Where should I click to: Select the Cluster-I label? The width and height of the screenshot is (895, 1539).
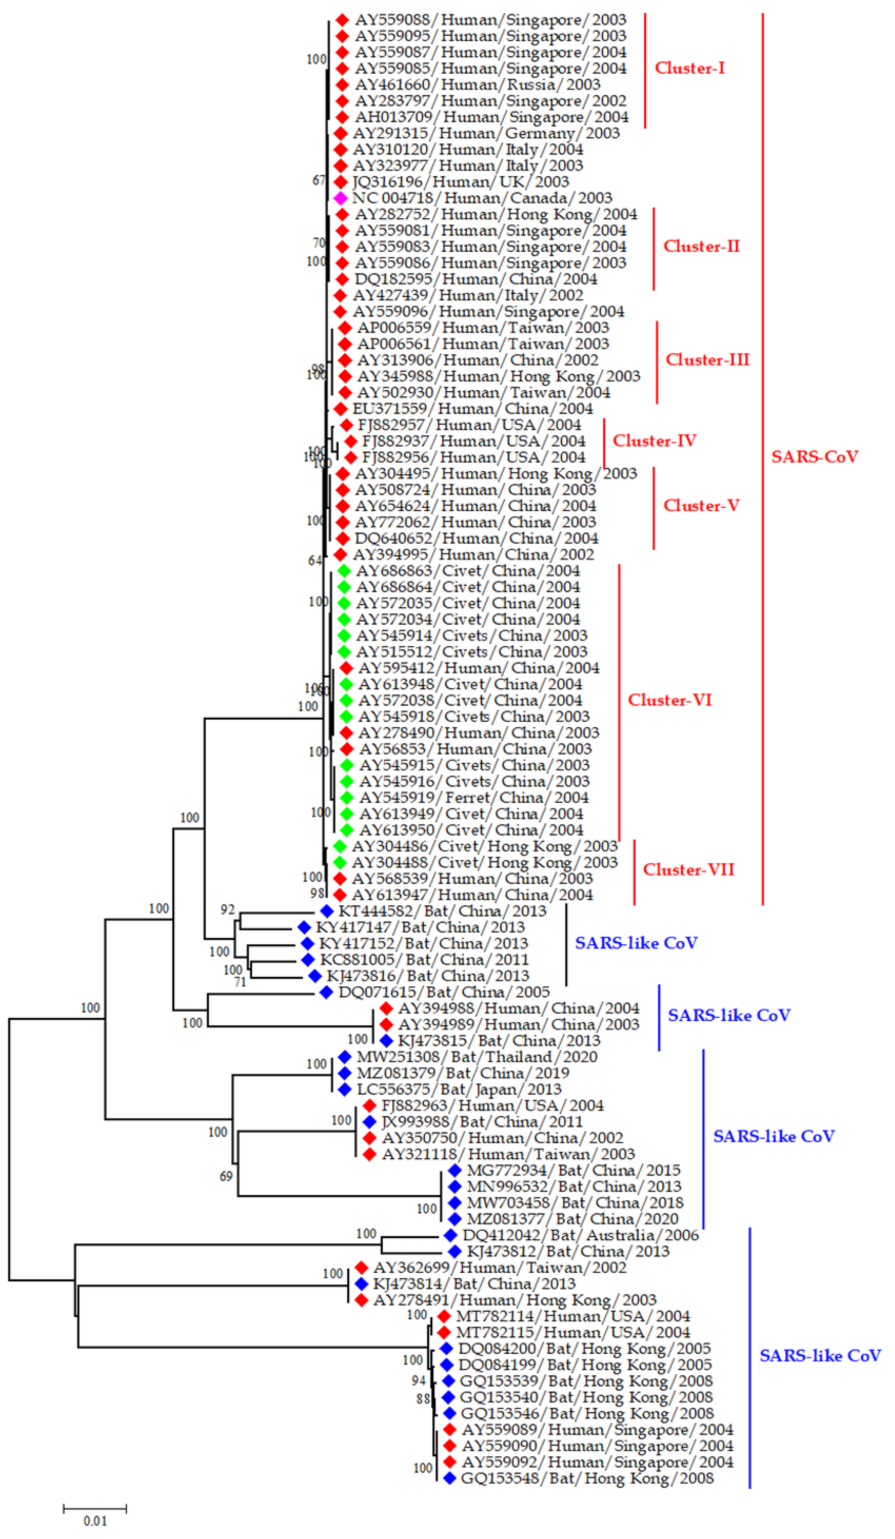point(689,68)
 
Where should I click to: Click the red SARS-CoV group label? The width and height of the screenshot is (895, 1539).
point(814,457)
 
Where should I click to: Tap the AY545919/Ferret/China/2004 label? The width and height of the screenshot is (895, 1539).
point(474,798)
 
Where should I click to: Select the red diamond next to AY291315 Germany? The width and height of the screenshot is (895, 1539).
point(340,133)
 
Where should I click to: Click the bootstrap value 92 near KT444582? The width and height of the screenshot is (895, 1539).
point(227,910)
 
